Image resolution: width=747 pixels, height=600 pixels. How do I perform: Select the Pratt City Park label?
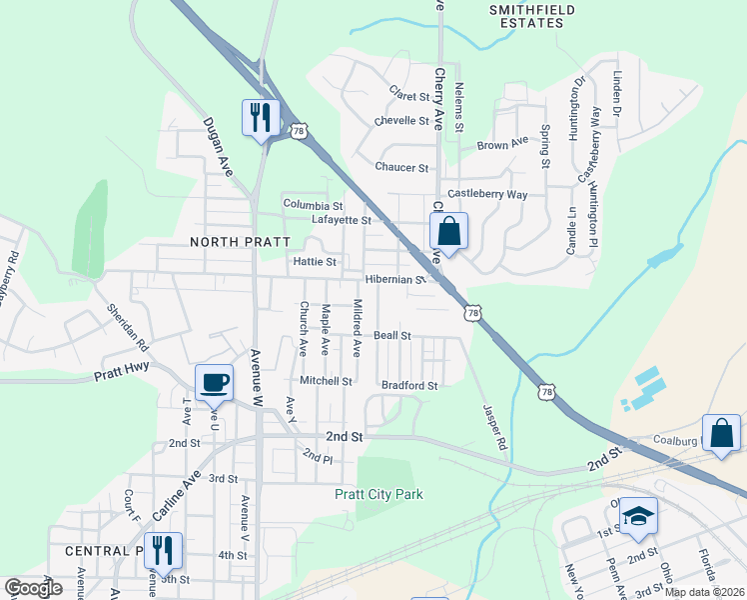click(378, 494)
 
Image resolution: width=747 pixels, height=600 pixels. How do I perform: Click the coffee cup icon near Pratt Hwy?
click(216, 381)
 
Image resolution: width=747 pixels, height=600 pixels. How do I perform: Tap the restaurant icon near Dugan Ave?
click(260, 118)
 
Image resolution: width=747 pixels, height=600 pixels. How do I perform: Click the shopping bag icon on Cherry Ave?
click(449, 231)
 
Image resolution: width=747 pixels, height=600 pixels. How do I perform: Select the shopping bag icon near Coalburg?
click(722, 434)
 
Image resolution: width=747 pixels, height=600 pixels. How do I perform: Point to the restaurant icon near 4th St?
click(163, 550)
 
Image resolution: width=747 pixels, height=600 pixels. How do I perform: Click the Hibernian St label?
click(395, 280)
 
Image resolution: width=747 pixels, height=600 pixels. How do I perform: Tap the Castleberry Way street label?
click(486, 194)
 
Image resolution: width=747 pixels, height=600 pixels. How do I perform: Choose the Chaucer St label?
click(401, 168)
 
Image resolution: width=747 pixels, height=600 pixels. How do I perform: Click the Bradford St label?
click(409, 385)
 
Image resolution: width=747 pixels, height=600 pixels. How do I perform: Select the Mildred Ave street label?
click(358, 328)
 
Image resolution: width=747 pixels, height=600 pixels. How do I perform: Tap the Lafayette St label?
click(342, 220)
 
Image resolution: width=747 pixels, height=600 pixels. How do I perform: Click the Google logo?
click(34, 588)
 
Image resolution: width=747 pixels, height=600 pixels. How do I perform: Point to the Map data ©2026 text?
click(704, 592)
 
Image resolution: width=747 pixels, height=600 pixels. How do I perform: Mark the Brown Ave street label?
click(501, 145)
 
